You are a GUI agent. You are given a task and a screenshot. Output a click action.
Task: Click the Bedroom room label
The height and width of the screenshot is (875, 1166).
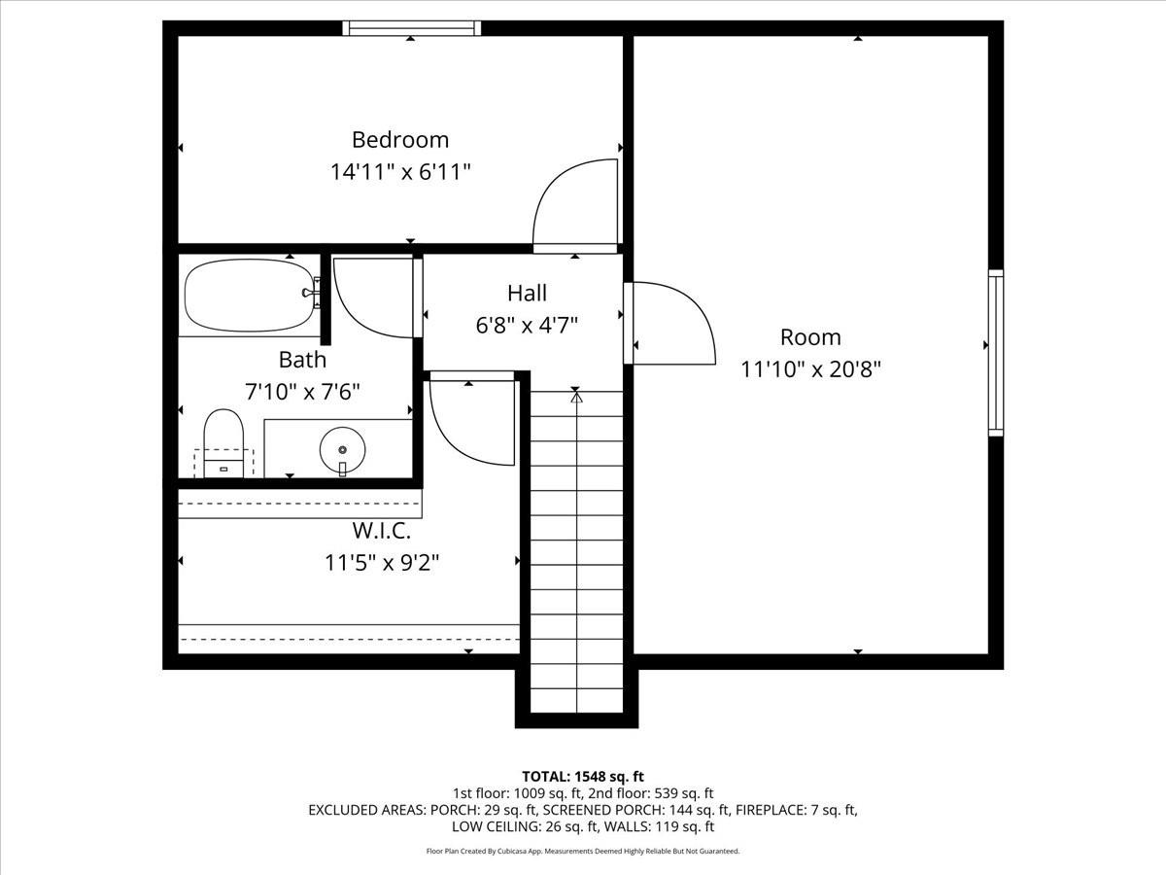[x=399, y=139]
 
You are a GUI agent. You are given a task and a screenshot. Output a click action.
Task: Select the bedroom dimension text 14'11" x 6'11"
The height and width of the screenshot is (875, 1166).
[x=399, y=172]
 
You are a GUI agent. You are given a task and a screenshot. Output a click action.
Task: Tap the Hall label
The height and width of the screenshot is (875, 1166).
[x=527, y=293]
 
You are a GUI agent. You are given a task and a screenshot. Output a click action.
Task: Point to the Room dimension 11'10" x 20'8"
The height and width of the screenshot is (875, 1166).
[x=810, y=369]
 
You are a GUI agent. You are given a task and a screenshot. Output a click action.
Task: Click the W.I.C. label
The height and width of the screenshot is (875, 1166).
[x=381, y=531]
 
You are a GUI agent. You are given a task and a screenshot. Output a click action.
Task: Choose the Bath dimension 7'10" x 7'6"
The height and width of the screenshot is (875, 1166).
[x=302, y=392]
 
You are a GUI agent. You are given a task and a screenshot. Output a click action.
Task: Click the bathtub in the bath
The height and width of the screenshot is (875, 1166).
[x=250, y=295]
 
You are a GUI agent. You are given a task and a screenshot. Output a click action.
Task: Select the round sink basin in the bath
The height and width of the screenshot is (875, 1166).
[x=342, y=449]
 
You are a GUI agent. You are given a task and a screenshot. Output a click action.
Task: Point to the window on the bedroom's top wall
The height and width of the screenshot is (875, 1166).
[x=413, y=28]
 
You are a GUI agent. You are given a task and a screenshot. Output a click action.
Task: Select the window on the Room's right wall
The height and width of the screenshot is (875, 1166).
[x=995, y=352]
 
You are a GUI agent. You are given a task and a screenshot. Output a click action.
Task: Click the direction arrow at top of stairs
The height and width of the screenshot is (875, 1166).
[x=576, y=397]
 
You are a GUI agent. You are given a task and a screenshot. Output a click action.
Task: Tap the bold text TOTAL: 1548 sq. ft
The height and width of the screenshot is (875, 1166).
[x=583, y=776]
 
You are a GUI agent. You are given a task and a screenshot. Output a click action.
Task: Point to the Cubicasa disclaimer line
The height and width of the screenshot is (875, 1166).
[x=583, y=851]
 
